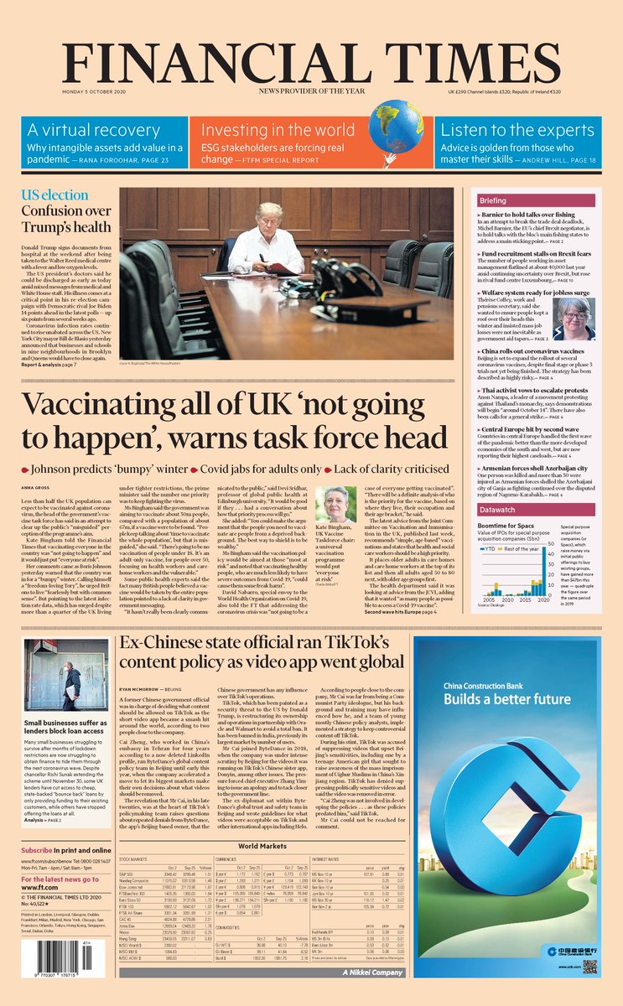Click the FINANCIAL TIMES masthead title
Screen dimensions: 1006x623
[311, 60]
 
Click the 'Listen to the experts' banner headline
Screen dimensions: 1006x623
[517, 130]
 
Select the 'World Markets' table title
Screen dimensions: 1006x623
[262, 847]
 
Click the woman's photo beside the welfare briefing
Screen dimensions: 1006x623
[577, 318]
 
